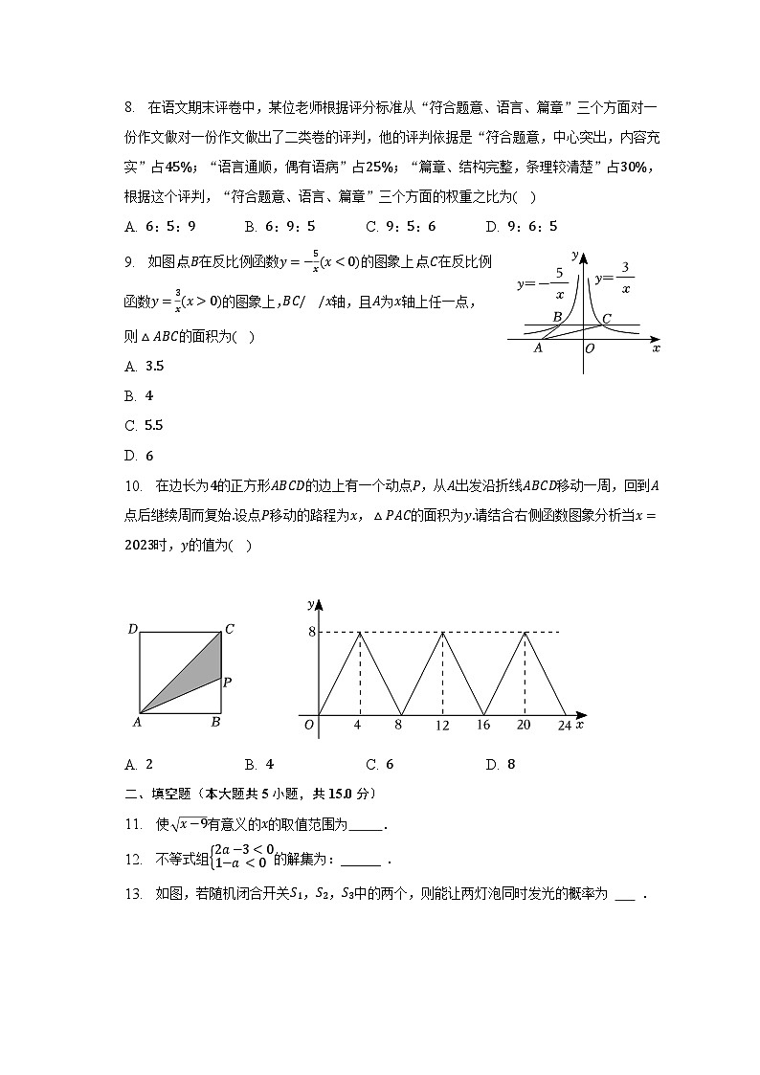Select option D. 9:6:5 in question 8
click(521, 227)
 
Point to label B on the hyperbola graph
click(557, 317)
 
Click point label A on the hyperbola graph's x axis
click(538, 348)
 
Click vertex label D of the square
click(133, 629)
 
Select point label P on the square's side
click(228, 683)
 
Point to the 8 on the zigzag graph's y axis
click(311, 632)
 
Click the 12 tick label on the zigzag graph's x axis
click(442, 727)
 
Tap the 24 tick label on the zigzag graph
click(564, 727)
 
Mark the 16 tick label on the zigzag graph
click(483, 727)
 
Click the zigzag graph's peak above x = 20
click(525, 633)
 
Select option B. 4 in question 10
click(259, 764)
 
